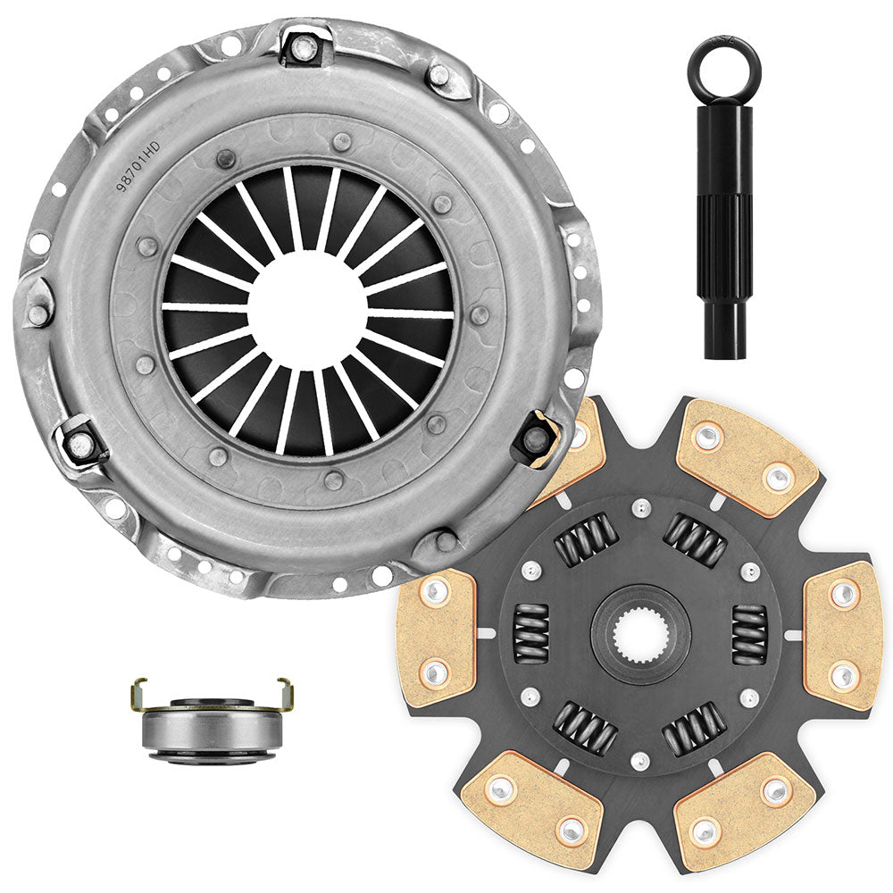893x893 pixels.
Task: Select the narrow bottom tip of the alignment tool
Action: point(725,337)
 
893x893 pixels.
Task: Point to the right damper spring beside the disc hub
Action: point(748,634)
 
